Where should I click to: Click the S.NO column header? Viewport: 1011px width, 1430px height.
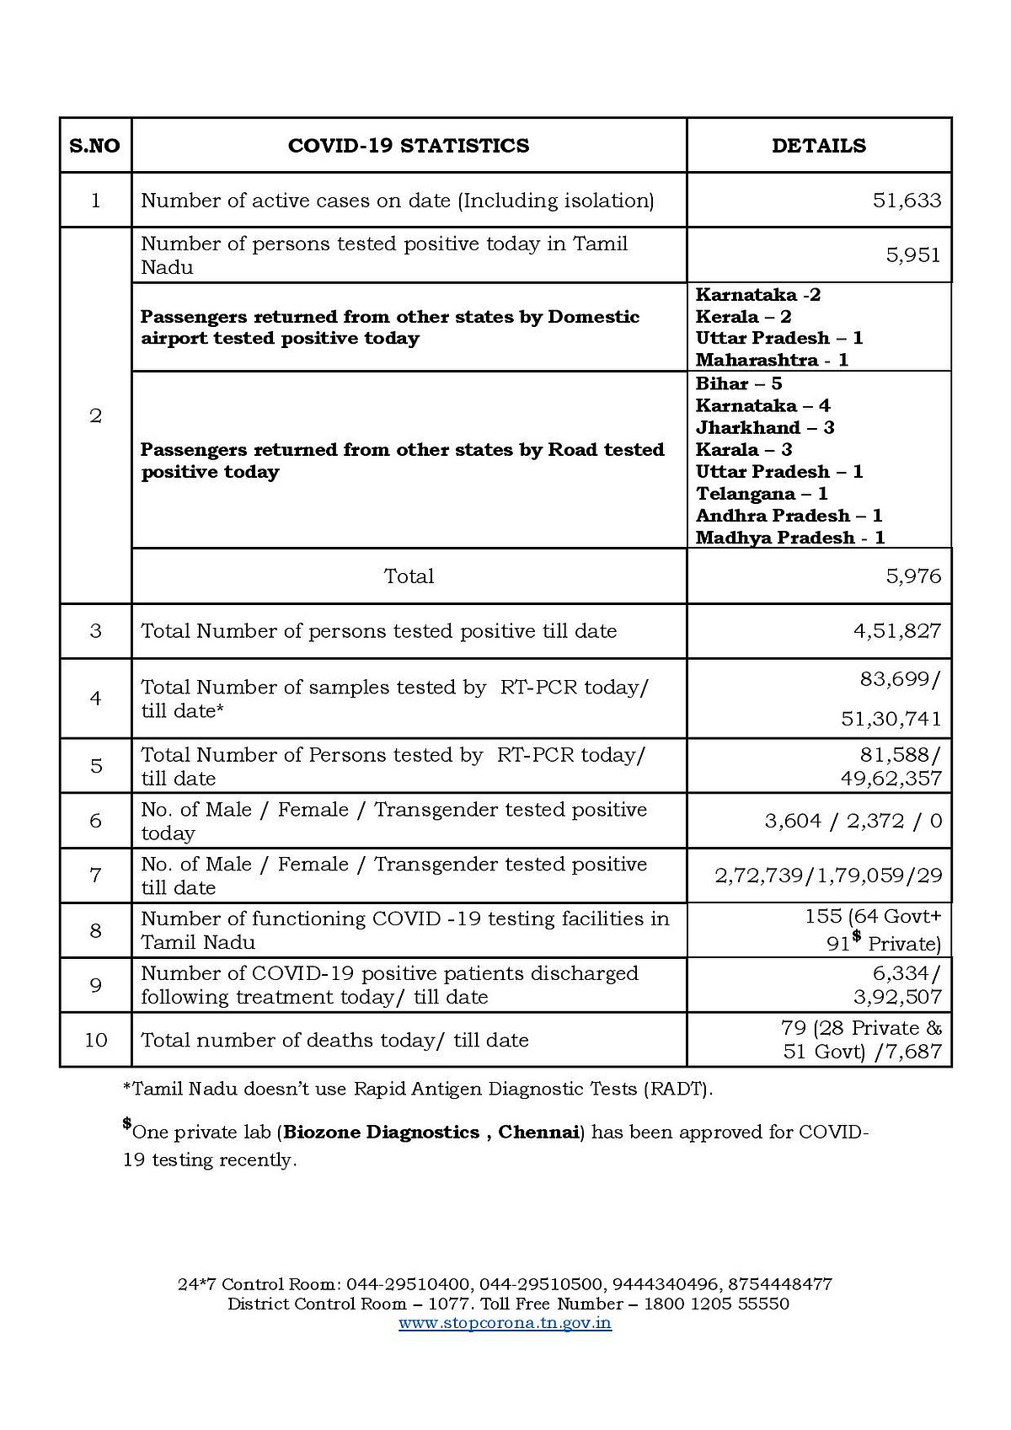pyautogui.click(x=94, y=146)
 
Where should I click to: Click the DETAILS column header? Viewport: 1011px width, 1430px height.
pyautogui.click(x=818, y=146)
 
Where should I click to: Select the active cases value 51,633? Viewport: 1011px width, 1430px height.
pyautogui.click(x=907, y=201)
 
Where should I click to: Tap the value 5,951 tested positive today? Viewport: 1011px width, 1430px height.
pyautogui.click(x=912, y=254)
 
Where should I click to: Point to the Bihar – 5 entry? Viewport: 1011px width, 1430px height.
pyautogui.click(x=738, y=383)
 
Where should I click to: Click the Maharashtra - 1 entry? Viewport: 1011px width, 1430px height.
pyautogui.click(x=772, y=360)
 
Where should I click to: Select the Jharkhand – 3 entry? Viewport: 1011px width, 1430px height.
pyautogui.click(x=764, y=427)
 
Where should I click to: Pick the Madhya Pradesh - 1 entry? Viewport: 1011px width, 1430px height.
pyautogui.click(x=789, y=538)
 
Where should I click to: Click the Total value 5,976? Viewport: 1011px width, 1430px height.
pyautogui.click(x=913, y=576)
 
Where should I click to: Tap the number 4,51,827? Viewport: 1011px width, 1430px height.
pyautogui.click(x=896, y=631)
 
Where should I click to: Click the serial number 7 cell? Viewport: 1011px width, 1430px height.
pyautogui.click(x=95, y=876)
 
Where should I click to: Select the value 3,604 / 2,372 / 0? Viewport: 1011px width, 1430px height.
pyautogui.click(x=853, y=821)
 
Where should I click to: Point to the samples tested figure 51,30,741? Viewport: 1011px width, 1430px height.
pyautogui.click(x=891, y=719)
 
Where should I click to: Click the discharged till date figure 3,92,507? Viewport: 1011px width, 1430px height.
pyautogui.click(x=897, y=997)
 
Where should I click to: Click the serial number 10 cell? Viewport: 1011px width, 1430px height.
pyautogui.click(x=95, y=1040)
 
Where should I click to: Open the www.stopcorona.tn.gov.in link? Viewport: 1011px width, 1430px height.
pyautogui.click(x=505, y=1323)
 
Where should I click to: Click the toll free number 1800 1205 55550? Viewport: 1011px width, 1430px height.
pyautogui.click(x=716, y=1304)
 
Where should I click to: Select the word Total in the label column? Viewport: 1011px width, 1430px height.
pyautogui.click(x=409, y=576)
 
